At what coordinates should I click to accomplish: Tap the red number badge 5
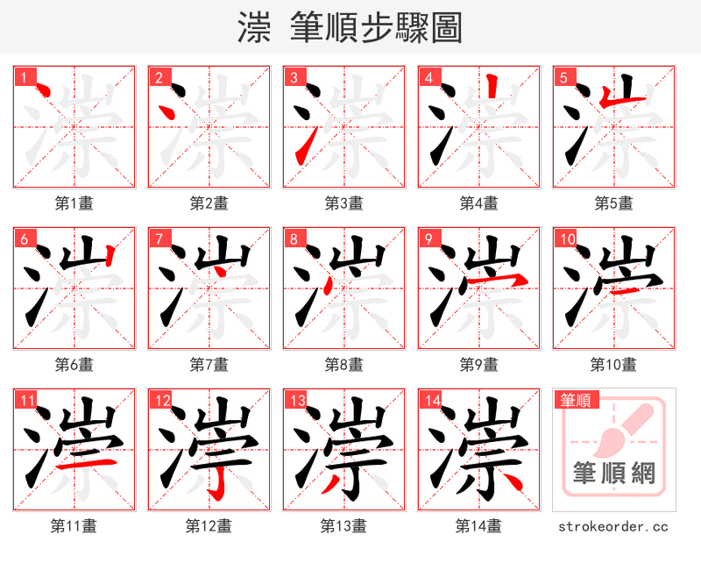(x=564, y=77)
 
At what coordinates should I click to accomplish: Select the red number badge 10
(x=567, y=239)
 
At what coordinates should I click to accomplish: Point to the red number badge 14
(x=432, y=401)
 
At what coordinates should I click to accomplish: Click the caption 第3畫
(x=343, y=203)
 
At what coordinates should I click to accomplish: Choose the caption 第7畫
(x=209, y=364)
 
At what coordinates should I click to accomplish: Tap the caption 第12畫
(x=209, y=526)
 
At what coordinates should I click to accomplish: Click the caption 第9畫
(x=478, y=364)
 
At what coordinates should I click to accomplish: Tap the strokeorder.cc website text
(x=613, y=526)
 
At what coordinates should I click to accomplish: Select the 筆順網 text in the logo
(x=613, y=474)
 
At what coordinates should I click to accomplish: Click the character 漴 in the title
(x=253, y=28)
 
